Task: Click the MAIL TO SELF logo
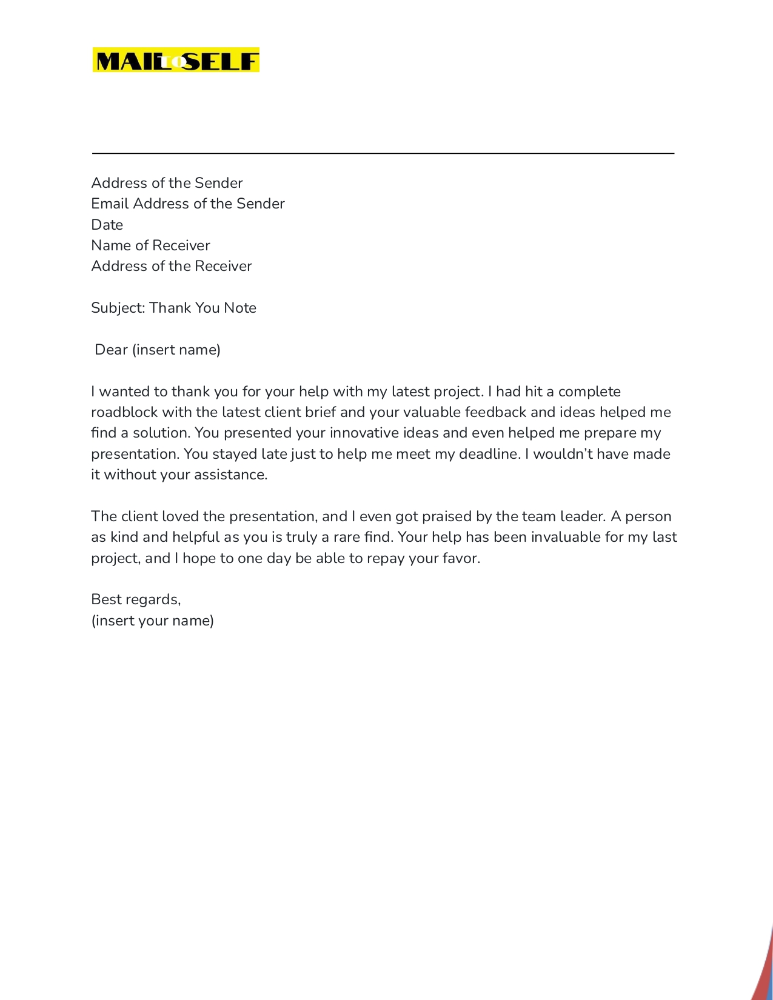pos(176,61)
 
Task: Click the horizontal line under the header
pos(383,153)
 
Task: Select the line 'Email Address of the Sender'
pos(188,204)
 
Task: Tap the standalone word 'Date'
pos(107,225)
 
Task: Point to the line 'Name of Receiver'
pos(150,245)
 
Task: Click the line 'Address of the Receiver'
pos(172,266)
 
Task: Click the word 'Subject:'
pos(118,308)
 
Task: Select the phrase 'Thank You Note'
pos(202,308)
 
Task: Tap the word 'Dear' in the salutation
pos(111,350)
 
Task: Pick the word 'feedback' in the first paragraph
pos(495,412)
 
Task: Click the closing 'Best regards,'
pos(136,599)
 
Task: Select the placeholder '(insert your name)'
pos(153,621)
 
